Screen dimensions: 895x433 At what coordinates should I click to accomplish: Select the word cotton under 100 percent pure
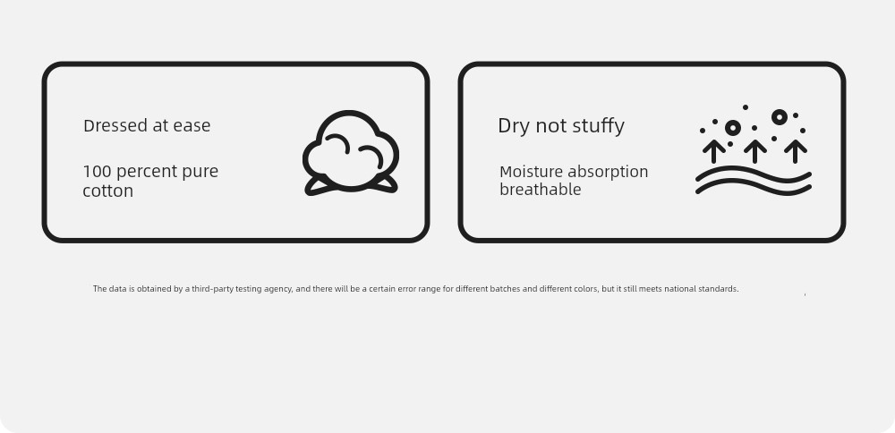tap(108, 191)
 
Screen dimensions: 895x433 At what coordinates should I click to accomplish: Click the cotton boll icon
tap(351, 153)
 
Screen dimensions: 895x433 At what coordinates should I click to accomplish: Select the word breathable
tap(540, 190)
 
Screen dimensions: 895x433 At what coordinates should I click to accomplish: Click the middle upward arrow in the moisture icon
tap(754, 151)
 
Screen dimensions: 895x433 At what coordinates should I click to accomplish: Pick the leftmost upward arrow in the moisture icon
tap(714, 151)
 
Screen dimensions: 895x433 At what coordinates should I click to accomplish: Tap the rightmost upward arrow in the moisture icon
tap(795, 151)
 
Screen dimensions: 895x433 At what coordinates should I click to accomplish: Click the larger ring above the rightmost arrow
tap(780, 117)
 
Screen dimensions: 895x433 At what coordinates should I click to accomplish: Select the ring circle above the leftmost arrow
tap(733, 128)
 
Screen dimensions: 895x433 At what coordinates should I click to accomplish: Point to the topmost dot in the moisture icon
tap(746, 107)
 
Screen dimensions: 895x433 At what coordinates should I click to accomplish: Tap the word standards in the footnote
tap(719, 289)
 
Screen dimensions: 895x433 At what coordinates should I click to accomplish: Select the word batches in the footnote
tap(506, 289)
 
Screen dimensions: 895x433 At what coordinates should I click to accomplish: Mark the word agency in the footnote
tap(279, 289)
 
